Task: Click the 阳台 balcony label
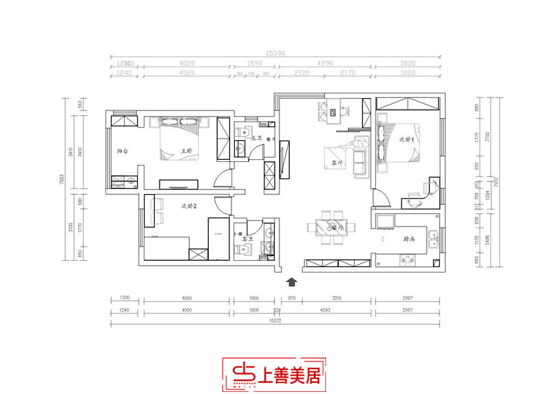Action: click(123, 150)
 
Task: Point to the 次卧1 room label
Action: click(408, 139)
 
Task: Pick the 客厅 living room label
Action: click(337, 165)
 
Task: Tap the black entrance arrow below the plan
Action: click(291, 281)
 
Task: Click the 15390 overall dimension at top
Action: click(275, 52)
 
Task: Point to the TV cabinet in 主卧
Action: click(178, 183)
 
